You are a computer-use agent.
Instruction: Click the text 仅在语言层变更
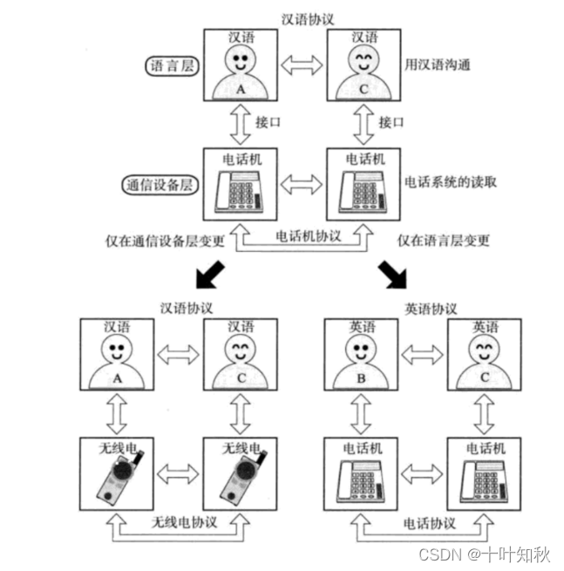click(x=443, y=240)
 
